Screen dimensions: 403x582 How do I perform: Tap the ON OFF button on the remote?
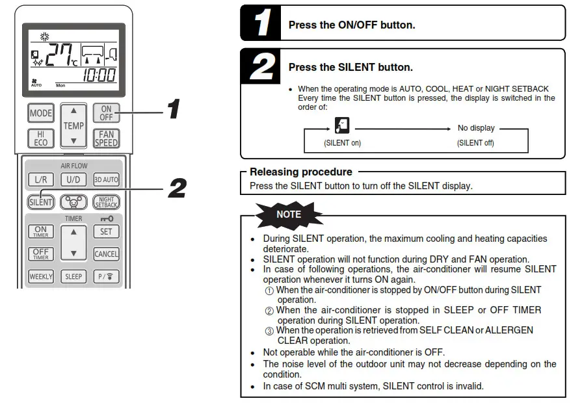[106, 113]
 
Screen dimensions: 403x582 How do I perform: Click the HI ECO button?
[41, 138]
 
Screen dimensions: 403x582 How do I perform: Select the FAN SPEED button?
[106, 138]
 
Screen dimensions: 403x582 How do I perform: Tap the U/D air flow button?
[73, 179]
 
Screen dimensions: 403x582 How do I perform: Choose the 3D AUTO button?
[106, 179]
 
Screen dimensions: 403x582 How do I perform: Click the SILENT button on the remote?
[41, 201]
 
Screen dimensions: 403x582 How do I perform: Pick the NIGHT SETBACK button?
[106, 201]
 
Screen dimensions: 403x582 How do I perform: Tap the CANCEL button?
[106, 253]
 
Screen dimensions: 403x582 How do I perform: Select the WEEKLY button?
[41, 276]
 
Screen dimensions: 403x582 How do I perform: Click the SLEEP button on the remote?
[73, 276]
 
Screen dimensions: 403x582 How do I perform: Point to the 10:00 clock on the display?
[99, 74]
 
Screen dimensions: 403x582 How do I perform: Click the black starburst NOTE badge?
[289, 214]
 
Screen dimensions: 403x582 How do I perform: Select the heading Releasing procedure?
[301, 172]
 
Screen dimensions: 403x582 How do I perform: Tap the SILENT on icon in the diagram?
[342, 125]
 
